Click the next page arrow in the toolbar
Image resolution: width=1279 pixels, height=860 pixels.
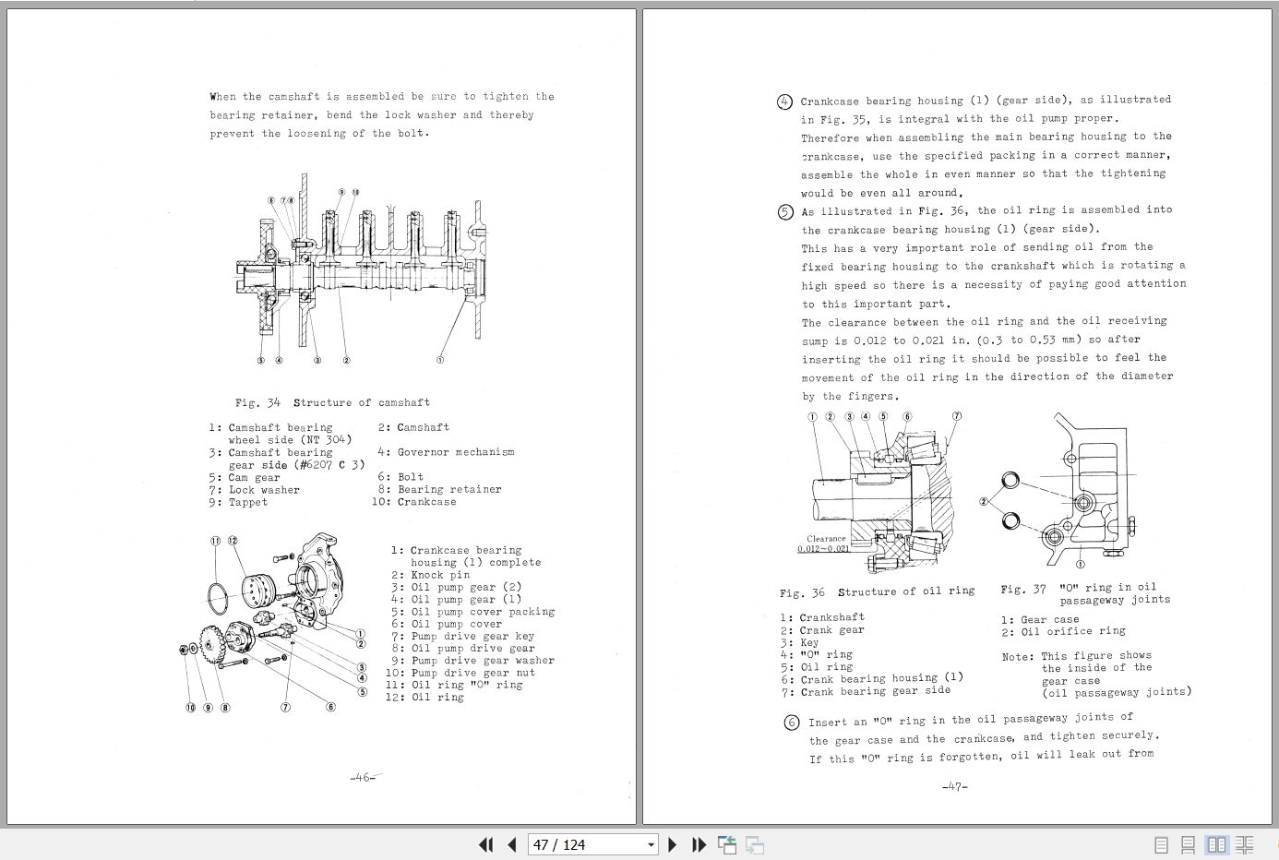click(x=673, y=844)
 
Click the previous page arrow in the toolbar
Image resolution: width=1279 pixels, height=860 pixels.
click(x=512, y=844)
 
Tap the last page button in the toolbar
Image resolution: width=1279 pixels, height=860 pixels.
click(x=699, y=844)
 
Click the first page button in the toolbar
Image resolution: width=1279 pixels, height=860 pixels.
click(x=486, y=844)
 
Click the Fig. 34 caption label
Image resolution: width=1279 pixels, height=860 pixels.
click(x=257, y=402)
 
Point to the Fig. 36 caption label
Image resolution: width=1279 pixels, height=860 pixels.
click(x=802, y=592)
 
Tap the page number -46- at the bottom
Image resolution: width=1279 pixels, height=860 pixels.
click(x=364, y=777)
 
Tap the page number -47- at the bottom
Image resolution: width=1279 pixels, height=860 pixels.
click(x=954, y=786)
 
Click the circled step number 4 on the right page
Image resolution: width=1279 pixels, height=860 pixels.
click(x=784, y=102)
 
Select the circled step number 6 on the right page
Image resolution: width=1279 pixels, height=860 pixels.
click(x=791, y=723)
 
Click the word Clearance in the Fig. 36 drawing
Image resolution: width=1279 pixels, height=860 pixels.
click(x=825, y=538)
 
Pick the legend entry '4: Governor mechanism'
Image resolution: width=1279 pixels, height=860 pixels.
click(x=446, y=452)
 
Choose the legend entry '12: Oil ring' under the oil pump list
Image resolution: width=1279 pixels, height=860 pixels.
click(x=424, y=698)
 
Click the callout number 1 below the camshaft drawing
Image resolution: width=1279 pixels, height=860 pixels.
click(x=439, y=360)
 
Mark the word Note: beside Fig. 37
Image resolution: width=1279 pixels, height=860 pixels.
click(x=1018, y=657)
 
